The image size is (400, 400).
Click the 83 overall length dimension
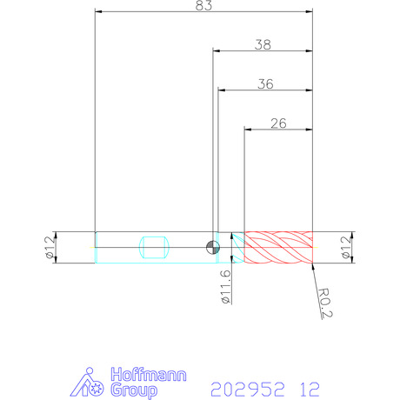click(203, 5)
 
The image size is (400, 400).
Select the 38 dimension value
click(263, 45)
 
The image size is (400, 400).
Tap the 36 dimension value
click(265, 84)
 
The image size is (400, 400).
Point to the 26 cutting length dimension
click(278, 123)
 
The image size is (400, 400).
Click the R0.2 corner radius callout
click(325, 303)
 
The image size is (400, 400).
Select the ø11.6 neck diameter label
click(226, 287)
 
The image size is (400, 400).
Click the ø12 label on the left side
click(50, 247)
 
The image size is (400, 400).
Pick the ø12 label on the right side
click(346, 247)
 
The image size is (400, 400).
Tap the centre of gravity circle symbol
click(213, 247)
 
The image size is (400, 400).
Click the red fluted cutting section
click(278, 247)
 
